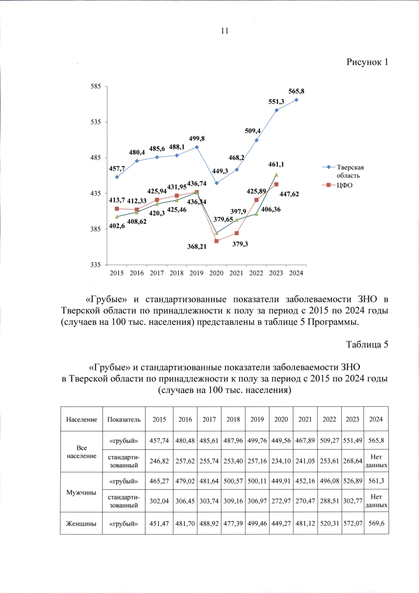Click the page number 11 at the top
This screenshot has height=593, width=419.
[x=225, y=31]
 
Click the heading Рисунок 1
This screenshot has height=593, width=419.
[x=367, y=62]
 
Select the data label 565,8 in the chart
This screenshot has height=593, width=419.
[x=296, y=91]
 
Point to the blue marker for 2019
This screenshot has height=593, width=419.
[x=197, y=147]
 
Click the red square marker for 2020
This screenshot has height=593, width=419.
[x=216, y=241]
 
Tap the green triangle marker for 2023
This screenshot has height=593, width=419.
[x=276, y=175]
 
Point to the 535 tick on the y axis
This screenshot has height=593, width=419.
[x=96, y=122]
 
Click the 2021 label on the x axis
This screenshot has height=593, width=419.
[x=236, y=273]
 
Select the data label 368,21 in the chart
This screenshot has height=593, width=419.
[x=197, y=247]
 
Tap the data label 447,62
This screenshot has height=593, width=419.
[x=289, y=194]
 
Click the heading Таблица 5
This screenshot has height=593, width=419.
[x=367, y=345]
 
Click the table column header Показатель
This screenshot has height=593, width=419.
[x=124, y=420]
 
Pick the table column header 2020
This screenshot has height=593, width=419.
[x=281, y=420]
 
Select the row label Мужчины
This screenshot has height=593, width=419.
[x=81, y=492]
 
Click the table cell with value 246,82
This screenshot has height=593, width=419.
[x=159, y=461]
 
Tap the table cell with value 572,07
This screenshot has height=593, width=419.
[x=353, y=524]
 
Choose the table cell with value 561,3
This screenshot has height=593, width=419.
[x=376, y=481]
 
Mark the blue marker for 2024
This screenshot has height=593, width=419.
[x=296, y=100]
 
